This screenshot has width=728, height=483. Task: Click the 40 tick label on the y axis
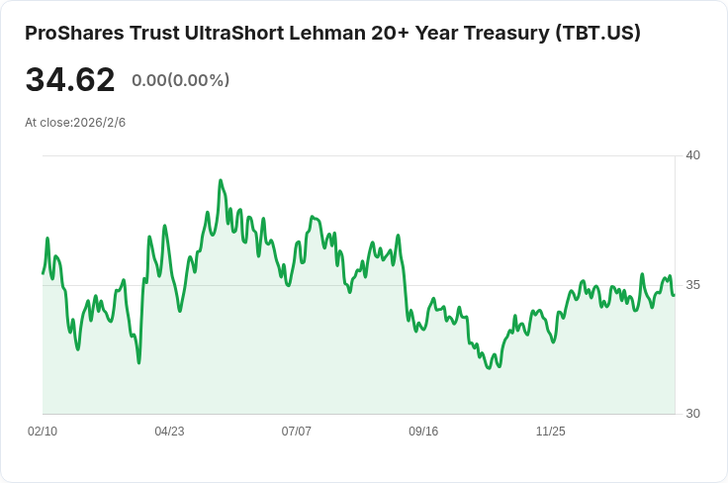click(692, 155)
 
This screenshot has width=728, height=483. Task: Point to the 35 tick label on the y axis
click(692, 285)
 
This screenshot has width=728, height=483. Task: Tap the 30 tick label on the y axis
click(692, 414)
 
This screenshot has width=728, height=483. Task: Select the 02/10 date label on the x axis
click(43, 432)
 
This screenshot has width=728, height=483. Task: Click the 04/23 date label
click(169, 432)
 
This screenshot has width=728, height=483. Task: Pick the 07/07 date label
click(296, 432)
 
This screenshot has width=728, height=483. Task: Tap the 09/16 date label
click(423, 432)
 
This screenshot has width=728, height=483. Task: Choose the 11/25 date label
click(551, 432)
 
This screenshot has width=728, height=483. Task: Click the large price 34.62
click(70, 79)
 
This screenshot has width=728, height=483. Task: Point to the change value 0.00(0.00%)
click(181, 80)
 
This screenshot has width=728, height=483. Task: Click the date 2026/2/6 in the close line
click(99, 123)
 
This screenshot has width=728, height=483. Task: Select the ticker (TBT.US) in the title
click(597, 33)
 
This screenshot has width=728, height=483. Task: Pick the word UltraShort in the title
click(234, 33)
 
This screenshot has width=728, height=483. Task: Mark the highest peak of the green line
click(221, 180)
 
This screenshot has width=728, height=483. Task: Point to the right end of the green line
click(674, 294)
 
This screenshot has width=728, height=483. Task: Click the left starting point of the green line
click(44, 273)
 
